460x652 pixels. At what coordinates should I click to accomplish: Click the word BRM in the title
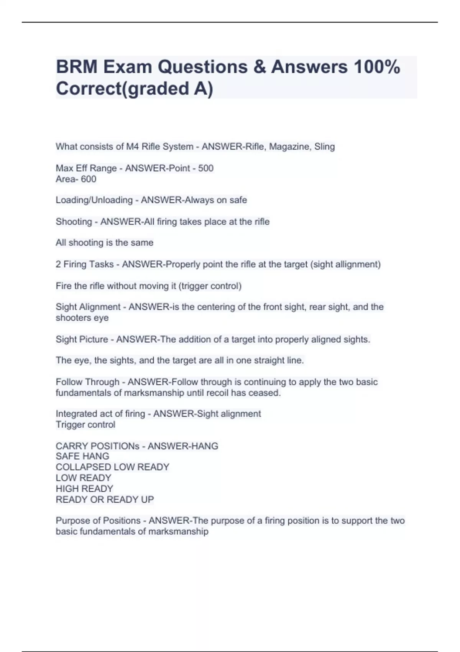coord(77,67)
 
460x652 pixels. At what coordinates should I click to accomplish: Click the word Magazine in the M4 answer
coord(289,147)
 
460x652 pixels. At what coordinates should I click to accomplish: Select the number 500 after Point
coord(206,168)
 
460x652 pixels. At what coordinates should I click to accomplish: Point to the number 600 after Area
coord(89,179)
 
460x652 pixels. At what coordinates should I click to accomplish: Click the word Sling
coord(325,147)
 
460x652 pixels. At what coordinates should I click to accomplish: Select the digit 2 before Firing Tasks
coord(58,264)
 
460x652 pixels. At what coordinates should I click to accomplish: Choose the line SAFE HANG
coord(82,456)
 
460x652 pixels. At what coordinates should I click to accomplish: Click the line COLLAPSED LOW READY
coord(112,467)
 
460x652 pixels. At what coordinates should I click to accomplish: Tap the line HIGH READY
coord(84,489)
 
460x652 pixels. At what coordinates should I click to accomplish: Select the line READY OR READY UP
coord(105,500)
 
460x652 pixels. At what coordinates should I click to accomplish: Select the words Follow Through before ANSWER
coord(87,382)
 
